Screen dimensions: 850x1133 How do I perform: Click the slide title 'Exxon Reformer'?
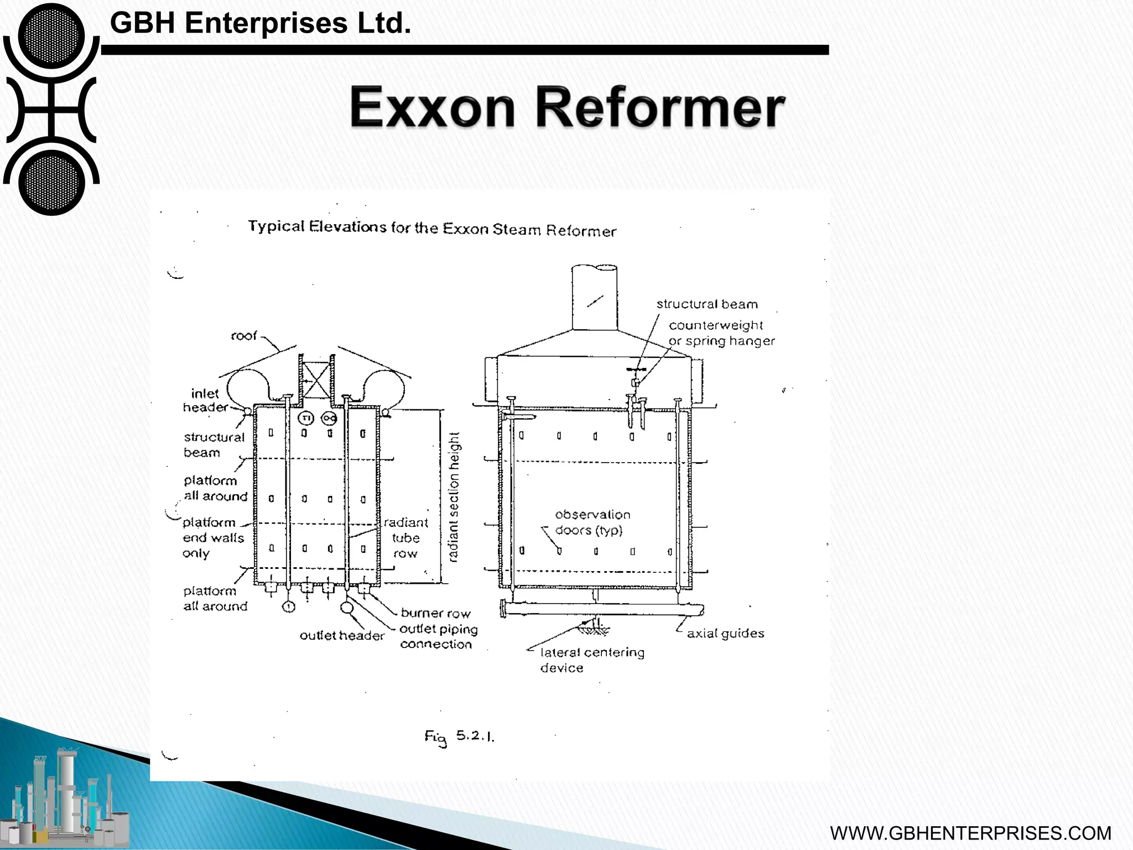pos(566,108)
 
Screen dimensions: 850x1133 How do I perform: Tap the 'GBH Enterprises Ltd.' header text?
pos(261,23)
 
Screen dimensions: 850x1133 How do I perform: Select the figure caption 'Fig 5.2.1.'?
pos(459,737)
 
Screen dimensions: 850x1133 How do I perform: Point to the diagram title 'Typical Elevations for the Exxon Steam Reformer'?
pos(432,228)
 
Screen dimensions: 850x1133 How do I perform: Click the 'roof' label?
pos(243,336)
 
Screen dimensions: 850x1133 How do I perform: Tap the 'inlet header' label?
pos(205,400)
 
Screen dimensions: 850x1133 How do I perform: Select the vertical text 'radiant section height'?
pos(454,497)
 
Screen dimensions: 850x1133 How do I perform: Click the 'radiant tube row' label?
pos(406,537)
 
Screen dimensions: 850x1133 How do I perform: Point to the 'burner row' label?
pos(435,613)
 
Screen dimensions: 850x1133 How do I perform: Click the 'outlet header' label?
pos(341,636)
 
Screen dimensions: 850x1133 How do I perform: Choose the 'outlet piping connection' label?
pos(438,636)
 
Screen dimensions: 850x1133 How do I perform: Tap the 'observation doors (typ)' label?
pos(591,522)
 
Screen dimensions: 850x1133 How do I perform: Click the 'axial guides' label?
pos(725,634)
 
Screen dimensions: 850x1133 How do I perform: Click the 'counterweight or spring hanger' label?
pos(721,333)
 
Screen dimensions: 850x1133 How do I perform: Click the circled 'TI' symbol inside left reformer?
pos(305,418)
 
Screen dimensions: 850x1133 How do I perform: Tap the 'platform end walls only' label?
pos(212,538)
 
